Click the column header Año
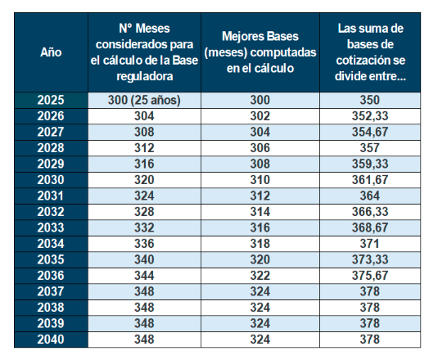point(51,52)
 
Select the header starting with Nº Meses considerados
point(143,52)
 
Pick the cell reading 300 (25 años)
point(143,101)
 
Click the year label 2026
point(51,116)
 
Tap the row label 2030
point(51,180)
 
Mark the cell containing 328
point(143,212)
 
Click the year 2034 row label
point(51,244)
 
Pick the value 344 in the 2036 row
point(143,276)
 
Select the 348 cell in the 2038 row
point(143,308)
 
